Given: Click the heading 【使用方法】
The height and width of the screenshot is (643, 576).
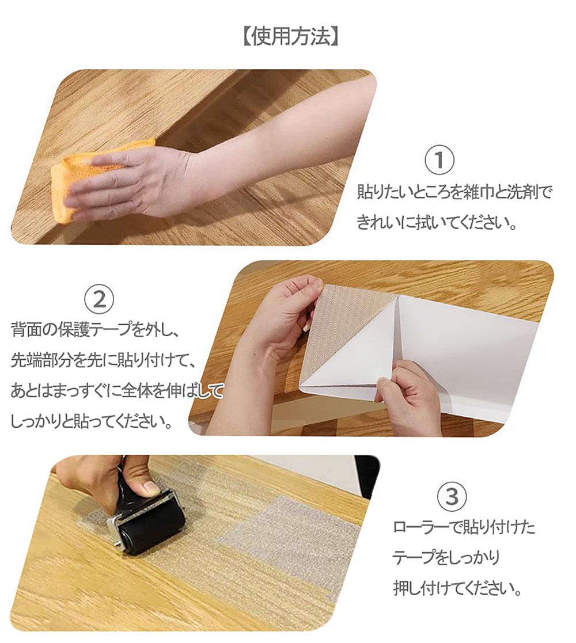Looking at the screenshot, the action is pyautogui.click(x=290, y=37).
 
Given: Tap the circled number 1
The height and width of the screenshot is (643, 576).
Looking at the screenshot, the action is pyautogui.click(x=439, y=160).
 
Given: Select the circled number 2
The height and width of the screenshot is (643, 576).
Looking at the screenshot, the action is pyautogui.click(x=100, y=299).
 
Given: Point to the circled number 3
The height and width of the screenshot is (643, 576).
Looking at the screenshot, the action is pyautogui.click(x=452, y=496).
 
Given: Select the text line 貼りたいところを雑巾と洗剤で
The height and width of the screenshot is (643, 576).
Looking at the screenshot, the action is pyautogui.click(x=454, y=192).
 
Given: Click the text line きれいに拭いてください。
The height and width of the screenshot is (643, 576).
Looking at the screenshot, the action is pyautogui.click(x=437, y=223).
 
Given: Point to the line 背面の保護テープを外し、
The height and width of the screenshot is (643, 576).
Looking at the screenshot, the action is pyautogui.click(x=95, y=329).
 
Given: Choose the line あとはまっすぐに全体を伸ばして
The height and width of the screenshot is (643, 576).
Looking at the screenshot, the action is pyautogui.click(x=118, y=391).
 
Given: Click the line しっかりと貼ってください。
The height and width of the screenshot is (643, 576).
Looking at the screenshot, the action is pyautogui.click(x=91, y=421).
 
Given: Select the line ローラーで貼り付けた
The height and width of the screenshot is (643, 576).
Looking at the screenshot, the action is pyautogui.click(x=464, y=527).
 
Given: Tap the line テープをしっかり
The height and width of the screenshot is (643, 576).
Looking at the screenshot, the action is pyautogui.click(x=446, y=557).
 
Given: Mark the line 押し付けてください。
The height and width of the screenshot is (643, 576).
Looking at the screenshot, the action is pyautogui.click(x=457, y=588).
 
